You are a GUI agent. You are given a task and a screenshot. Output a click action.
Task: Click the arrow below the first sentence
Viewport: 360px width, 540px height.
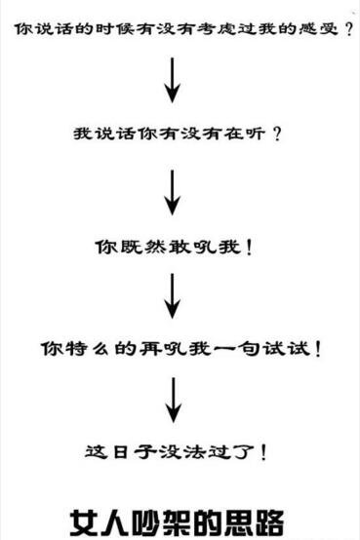[173, 80]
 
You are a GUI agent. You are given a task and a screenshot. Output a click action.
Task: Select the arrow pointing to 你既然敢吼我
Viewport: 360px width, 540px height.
[173, 192]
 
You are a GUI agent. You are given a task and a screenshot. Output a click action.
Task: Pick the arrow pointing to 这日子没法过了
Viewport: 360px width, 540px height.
[173, 401]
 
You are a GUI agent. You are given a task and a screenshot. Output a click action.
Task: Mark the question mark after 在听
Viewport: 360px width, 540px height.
[277, 134]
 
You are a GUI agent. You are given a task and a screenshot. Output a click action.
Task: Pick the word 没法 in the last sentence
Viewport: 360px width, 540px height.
[191, 452]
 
